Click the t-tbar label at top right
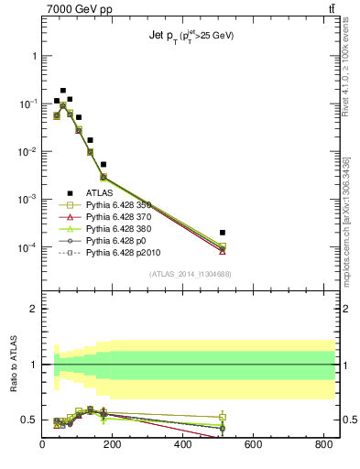(329, 10)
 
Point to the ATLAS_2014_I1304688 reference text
(191, 274)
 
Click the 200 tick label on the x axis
(183, 445)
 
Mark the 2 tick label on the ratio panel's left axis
(33, 309)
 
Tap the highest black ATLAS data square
(62, 91)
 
